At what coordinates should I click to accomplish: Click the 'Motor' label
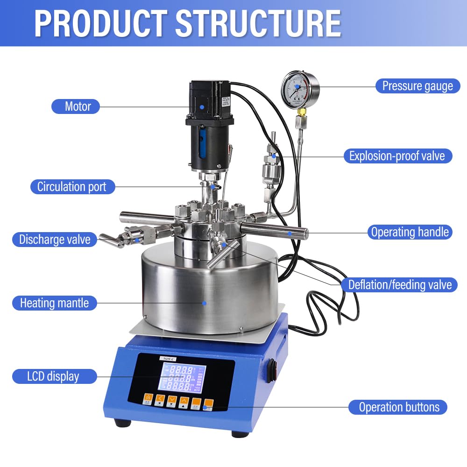(78, 106)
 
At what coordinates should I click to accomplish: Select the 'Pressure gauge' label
(417, 86)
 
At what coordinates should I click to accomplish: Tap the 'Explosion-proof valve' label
(397, 156)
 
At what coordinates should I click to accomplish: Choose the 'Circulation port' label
(72, 187)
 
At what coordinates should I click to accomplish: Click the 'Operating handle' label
(409, 232)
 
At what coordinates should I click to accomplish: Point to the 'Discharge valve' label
(54, 240)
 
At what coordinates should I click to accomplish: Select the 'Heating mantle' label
(54, 303)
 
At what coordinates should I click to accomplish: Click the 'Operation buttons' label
(398, 407)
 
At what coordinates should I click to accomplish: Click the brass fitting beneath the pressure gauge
(302, 113)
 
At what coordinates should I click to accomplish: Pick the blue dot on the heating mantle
(205, 303)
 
